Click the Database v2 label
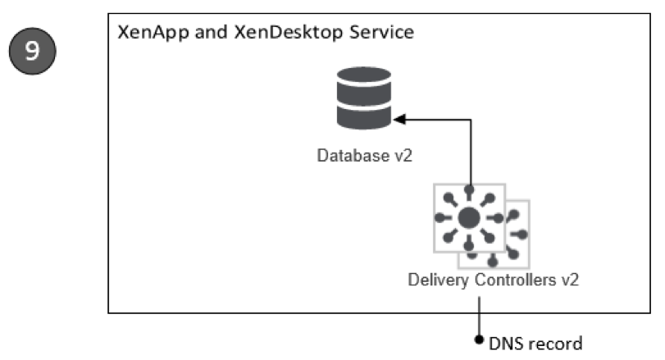coord(364,154)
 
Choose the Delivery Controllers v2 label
coord(494,279)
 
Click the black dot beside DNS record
coord(480,339)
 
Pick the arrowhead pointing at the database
coord(399,121)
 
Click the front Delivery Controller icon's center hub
coord(469,218)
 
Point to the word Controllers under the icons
coord(517,279)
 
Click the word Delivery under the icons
coord(439,279)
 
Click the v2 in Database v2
coord(401,154)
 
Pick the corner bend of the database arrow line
coord(472,121)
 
